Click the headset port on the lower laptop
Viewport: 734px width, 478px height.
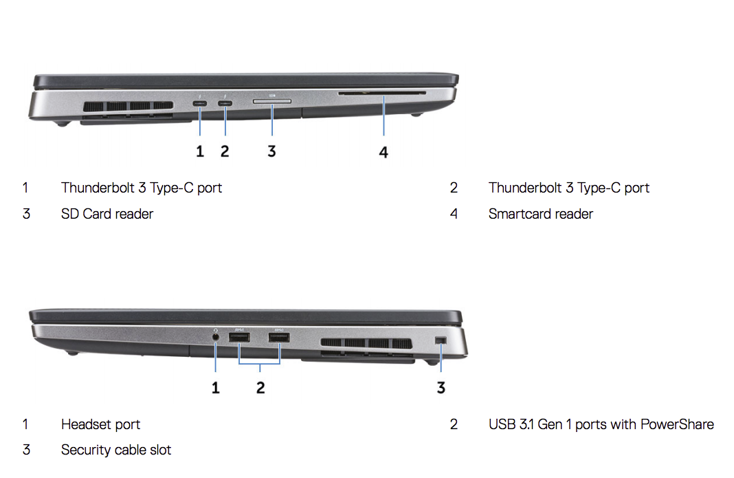click(x=215, y=336)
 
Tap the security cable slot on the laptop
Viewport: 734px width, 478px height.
click(x=441, y=340)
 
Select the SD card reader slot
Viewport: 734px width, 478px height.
click(x=272, y=100)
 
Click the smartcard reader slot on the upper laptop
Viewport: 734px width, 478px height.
click(x=382, y=94)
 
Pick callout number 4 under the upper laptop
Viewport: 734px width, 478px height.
click(x=383, y=152)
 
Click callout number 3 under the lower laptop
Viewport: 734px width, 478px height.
click(x=441, y=387)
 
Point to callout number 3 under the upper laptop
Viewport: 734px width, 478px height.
click(x=271, y=151)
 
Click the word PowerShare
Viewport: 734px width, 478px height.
click(x=677, y=424)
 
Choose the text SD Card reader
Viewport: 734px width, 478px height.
click(x=107, y=214)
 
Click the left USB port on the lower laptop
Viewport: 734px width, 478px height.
click(x=239, y=338)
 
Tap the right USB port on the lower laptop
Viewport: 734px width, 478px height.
click(x=279, y=338)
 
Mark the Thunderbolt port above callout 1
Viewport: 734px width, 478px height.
click(x=200, y=103)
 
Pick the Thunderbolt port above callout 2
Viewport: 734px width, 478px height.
click(x=225, y=103)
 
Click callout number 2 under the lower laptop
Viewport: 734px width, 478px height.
click(x=260, y=387)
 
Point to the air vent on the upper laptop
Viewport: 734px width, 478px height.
click(x=128, y=107)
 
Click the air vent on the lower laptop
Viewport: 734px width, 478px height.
click(x=366, y=343)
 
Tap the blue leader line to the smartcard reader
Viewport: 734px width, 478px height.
click(x=384, y=116)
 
